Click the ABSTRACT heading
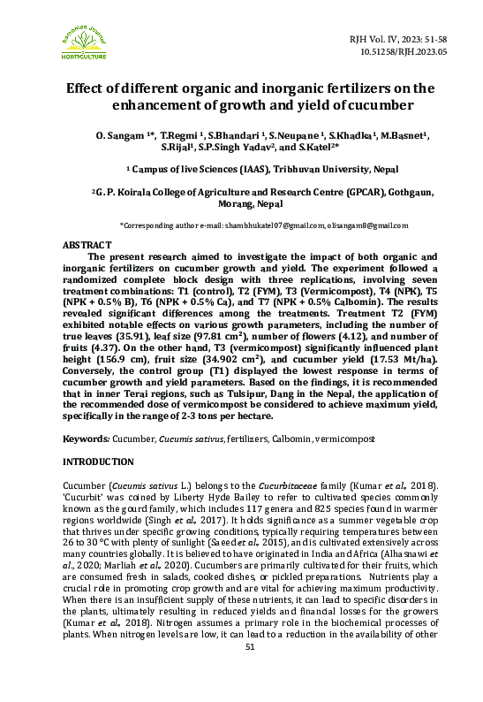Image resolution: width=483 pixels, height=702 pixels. [87, 244]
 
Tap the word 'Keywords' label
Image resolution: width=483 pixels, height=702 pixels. [85, 439]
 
